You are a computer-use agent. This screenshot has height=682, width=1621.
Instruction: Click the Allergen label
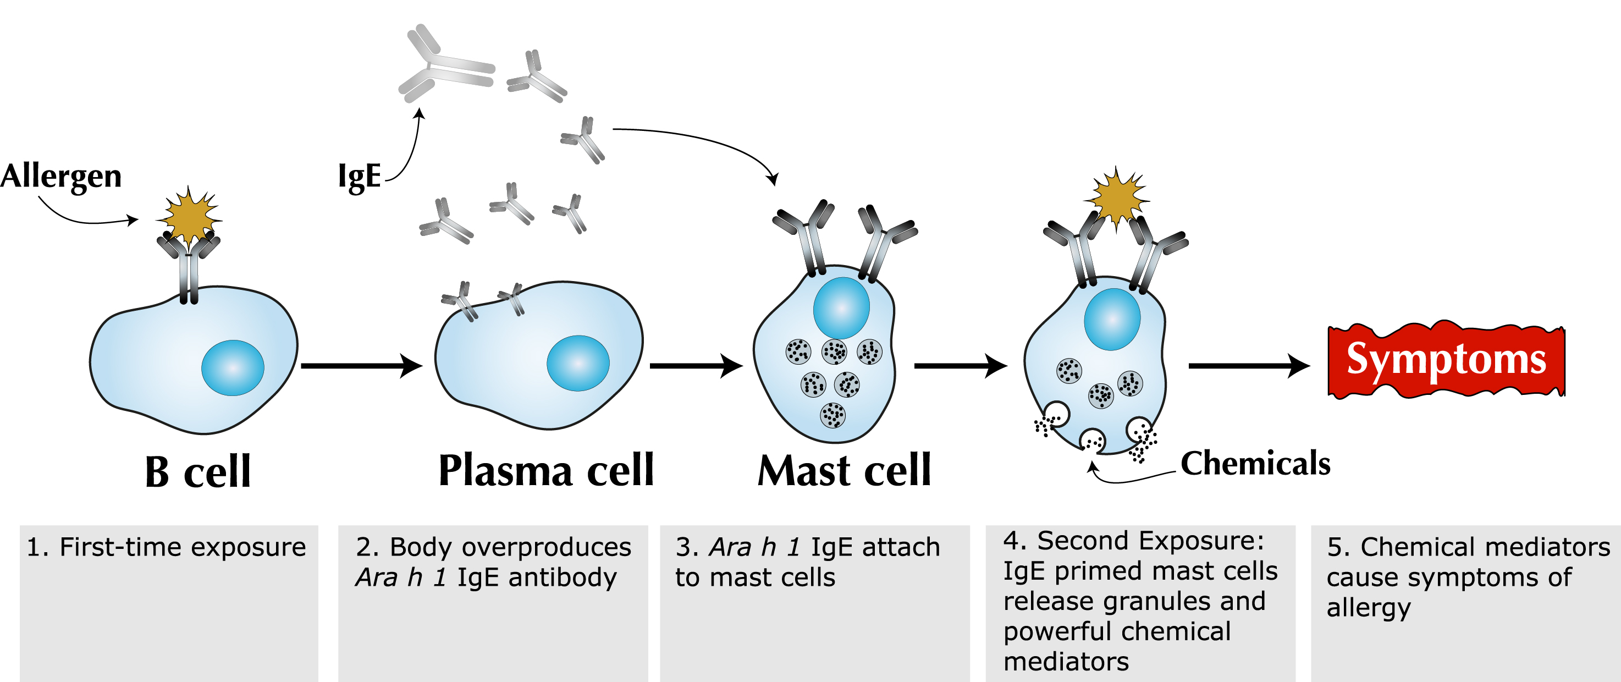point(61,176)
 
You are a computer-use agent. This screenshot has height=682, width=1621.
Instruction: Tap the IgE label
point(359,176)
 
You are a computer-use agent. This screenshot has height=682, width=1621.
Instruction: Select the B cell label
point(197,472)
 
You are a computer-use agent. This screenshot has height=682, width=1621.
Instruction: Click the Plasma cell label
point(546,471)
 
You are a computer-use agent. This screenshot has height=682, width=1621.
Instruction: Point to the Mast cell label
point(844,471)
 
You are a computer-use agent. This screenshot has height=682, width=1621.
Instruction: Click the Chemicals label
point(1255,464)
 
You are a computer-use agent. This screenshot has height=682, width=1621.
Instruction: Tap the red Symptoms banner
point(1446,360)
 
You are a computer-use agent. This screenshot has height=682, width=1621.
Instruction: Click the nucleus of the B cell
point(233,367)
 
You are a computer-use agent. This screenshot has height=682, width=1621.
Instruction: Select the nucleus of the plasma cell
point(578,363)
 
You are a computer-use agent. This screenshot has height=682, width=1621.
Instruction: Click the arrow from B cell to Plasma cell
point(362,366)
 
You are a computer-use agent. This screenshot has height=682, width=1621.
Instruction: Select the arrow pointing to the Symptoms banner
point(1249,366)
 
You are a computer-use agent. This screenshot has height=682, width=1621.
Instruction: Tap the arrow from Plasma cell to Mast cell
point(697,366)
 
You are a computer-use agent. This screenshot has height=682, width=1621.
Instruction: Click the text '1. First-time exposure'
point(166,547)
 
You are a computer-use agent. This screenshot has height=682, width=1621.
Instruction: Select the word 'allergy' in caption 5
point(1369,608)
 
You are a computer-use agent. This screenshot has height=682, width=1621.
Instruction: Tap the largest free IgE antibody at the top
point(447,65)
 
